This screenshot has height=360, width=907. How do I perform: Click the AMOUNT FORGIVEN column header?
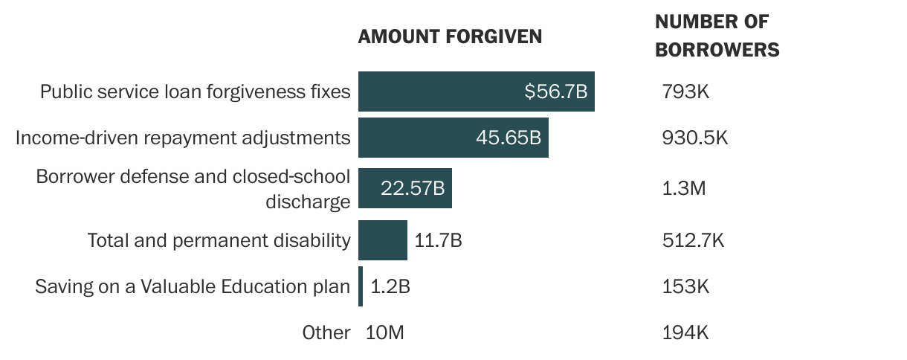point(450,36)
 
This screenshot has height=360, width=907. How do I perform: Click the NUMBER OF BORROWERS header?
point(717,36)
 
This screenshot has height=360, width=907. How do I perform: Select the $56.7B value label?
point(555,91)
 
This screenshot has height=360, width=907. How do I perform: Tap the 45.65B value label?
point(508,138)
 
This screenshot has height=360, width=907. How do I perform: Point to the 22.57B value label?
point(412,188)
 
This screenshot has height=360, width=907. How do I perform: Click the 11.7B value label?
point(438,240)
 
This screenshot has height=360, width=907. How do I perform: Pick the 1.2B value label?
point(390,286)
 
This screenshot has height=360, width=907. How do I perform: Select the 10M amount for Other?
point(385,332)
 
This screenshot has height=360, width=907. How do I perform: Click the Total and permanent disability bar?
point(382,240)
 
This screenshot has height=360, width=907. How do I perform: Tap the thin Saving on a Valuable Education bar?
point(361,286)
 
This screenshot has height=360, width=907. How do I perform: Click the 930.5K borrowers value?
point(694,138)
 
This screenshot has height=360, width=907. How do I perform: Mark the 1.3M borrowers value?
point(683,188)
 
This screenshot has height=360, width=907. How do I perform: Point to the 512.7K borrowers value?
point(693,240)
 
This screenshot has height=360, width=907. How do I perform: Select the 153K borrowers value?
point(685,286)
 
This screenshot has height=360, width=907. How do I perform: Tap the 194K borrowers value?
point(685,332)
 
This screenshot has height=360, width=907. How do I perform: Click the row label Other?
point(326,332)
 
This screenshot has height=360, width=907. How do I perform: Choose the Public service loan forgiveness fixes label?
point(195,91)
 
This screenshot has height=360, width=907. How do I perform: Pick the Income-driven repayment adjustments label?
point(183,138)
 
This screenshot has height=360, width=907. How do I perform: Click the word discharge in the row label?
point(307,202)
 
